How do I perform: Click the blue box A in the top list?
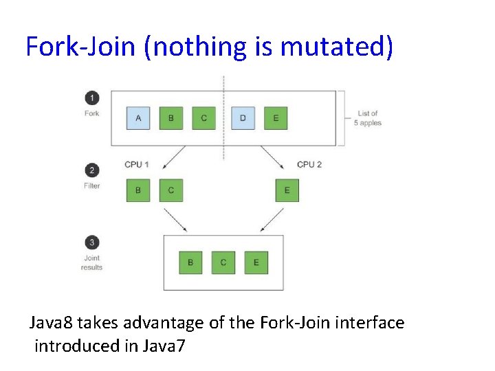(x=138, y=118)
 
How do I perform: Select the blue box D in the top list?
(x=243, y=118)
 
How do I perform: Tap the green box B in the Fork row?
(x=170, y=118)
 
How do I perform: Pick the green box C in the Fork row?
(x=203, y=118)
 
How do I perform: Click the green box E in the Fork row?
(x=276, y=118)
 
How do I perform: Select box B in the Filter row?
(x=138, y=190)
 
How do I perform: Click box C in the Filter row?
(x=171, y=190)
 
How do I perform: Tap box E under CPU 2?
(x=287, y=190)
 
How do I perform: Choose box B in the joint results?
(x=190, y=262)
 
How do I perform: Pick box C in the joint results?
(x=223, y=262)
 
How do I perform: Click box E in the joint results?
(x=256, y=262)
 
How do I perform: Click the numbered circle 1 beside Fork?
(x=91, y=98)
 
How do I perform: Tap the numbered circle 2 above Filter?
(x=91, y=170)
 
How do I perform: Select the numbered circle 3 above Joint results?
(x=91, y=242)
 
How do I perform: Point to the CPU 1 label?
(x=136, y=165)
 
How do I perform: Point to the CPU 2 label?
(x=309, y=165)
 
